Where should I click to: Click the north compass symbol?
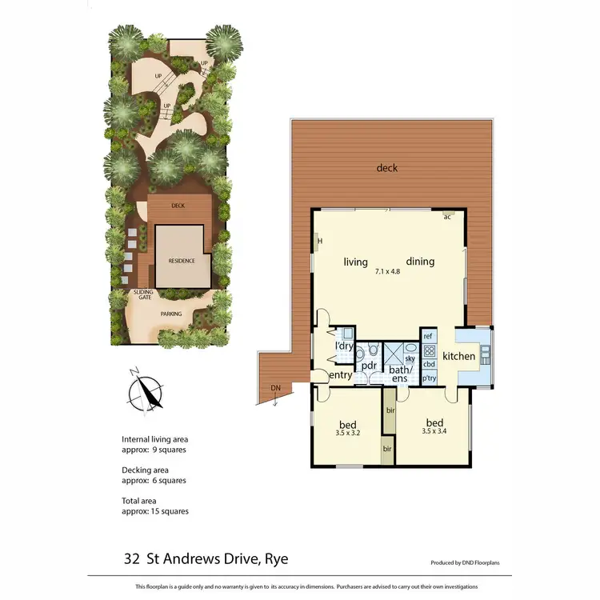pos(143,392)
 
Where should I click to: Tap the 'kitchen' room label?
pos(458,356)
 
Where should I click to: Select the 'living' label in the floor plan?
pos(355,262)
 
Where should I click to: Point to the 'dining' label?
pos(420,262)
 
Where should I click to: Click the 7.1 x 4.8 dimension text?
pos(387,272)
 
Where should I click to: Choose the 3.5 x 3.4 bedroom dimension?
pos(434,431)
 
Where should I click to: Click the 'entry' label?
pos(341,375)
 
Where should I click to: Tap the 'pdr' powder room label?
pos(369,366)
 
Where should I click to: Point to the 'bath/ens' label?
pos(399,374)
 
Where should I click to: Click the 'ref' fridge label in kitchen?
pos(428,337)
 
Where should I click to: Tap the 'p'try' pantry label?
pos(429,378)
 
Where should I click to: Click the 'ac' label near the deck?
pos(448,217)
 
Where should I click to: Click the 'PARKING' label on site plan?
pos(171,314)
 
